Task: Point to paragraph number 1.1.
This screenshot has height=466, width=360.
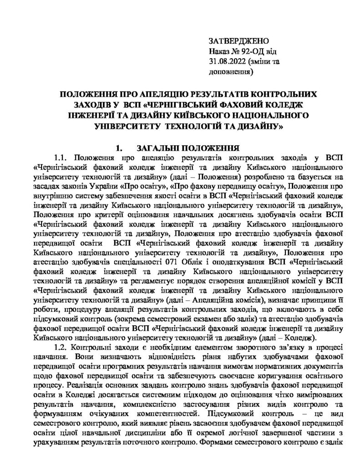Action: point(61,158)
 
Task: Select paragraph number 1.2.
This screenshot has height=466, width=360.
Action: point(61,348)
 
